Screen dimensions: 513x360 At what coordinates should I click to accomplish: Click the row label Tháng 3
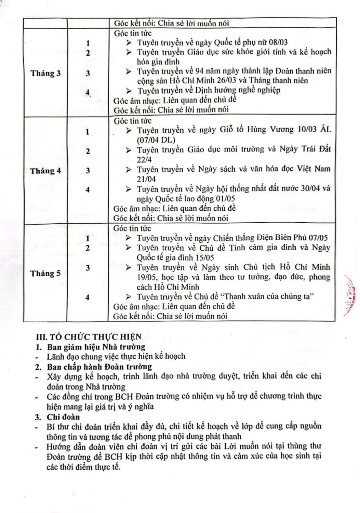[x=45, y=73]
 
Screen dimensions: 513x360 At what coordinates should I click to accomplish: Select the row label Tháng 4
[x=45, y=171]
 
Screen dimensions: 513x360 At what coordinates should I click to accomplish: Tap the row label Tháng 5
[x=45, y=273]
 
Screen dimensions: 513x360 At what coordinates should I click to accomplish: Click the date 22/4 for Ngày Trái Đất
[x=144, y=159]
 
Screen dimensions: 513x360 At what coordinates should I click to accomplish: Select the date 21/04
[x=146, y=179]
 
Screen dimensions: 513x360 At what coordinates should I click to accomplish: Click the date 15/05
[x=204, y=258]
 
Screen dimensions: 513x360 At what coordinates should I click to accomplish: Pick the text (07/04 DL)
[x=156, y=140]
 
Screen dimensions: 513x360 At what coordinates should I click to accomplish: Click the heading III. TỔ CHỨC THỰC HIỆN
[x=89, y=337]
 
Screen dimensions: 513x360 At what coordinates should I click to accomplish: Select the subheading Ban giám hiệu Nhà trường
[x=96, y=347]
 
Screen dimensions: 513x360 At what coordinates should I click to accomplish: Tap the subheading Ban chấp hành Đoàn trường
[x=99, y=367]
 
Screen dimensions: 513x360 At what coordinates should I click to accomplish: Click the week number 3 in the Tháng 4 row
[x=88, y=170]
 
